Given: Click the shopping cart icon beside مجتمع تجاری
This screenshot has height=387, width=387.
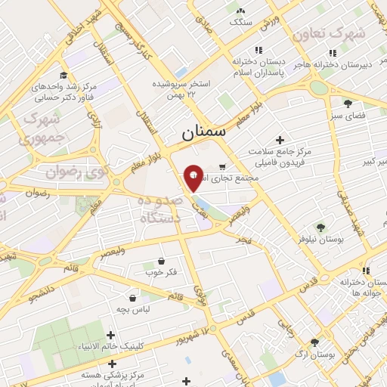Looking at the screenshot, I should pyautogui.click(x=221, y=167).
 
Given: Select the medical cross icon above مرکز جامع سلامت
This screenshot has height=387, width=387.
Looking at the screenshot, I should pyautogui.click(x=280, y=140).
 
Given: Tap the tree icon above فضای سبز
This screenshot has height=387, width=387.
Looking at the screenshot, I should pyautogui.click(x=348, y=104).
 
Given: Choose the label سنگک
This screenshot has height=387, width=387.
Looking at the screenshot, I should pyautogui.click(x=240, y=23).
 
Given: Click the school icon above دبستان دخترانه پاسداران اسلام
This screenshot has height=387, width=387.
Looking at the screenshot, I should pyautogui.click(x=259, y=50).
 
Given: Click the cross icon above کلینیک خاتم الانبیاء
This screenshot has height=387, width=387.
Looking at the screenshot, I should pyautogui.click(x=111, y=335).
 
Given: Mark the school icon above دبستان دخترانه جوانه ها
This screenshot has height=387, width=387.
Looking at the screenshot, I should pyautogui.click(x=366, y=271).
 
